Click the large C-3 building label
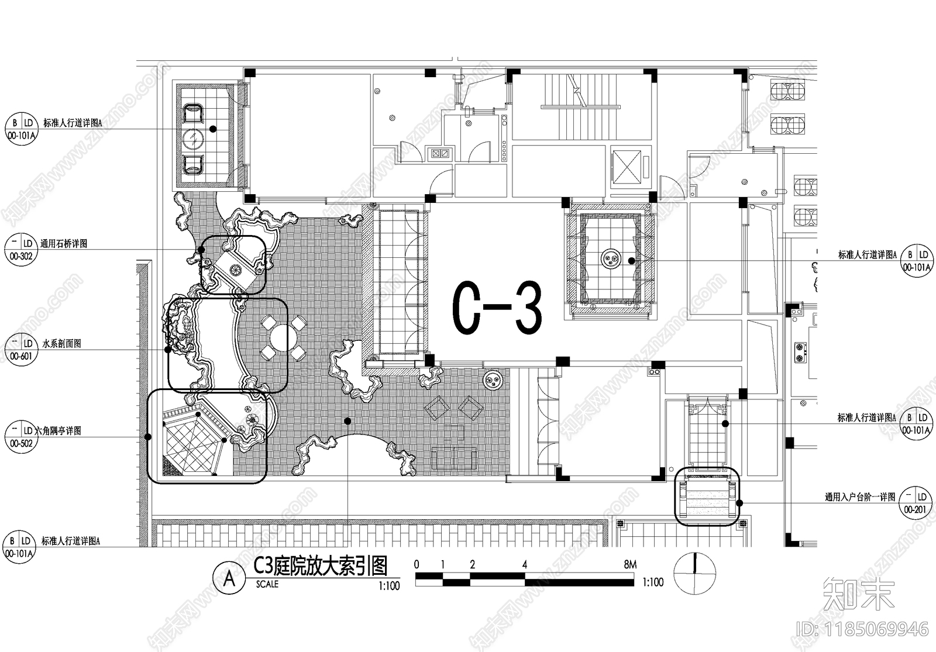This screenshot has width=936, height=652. point(497,308)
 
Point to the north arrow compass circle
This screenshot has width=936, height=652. point(694,574)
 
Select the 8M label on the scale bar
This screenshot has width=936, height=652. point(629,565)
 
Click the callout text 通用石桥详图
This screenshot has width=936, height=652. point(64,244)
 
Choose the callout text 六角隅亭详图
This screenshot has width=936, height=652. point(58,431)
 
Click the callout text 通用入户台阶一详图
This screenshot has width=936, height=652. point(860,498)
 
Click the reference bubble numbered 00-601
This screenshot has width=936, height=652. point(20,349)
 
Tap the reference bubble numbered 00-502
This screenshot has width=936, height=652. point(20,436)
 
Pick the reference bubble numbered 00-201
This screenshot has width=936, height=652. point(916,503)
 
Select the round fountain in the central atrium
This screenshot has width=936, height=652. point(611,258)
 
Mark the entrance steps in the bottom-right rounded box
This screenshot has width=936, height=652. point(707,496)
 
